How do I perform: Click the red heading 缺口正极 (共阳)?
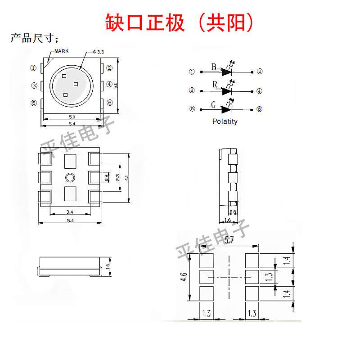point(179,22)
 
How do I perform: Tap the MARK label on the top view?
point(62,51)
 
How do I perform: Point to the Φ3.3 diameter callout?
point(99,52)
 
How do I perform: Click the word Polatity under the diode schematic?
point(225,121)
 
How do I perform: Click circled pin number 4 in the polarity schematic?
point(259,91)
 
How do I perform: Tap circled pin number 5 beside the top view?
point(34,103)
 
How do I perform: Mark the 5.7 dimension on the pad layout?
point(229,240)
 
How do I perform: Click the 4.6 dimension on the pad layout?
point(184,277)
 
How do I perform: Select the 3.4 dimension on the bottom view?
point(70,211)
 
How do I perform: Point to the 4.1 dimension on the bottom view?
point(127,177)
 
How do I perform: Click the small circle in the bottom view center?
point(70,177)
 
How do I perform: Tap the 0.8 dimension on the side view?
point(233,212)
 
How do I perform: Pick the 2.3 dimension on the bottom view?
point(117,177)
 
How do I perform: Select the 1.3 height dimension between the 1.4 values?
point(269,277)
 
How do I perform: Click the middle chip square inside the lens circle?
point(76,84)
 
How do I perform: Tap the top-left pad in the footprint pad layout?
point(207,261)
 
